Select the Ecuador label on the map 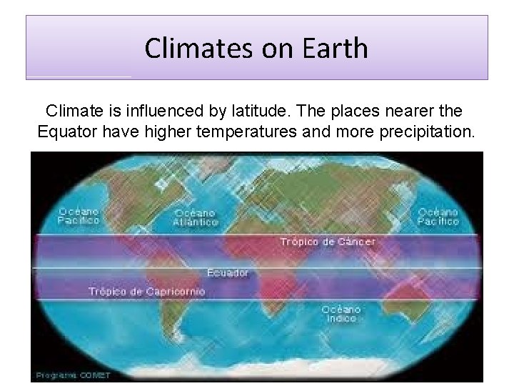pos(228,273)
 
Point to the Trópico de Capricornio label pos(146,291)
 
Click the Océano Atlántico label pos(195,217)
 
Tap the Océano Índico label pos(341,314)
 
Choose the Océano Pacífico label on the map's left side pos(79,216)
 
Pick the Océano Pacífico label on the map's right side pos(438,217)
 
